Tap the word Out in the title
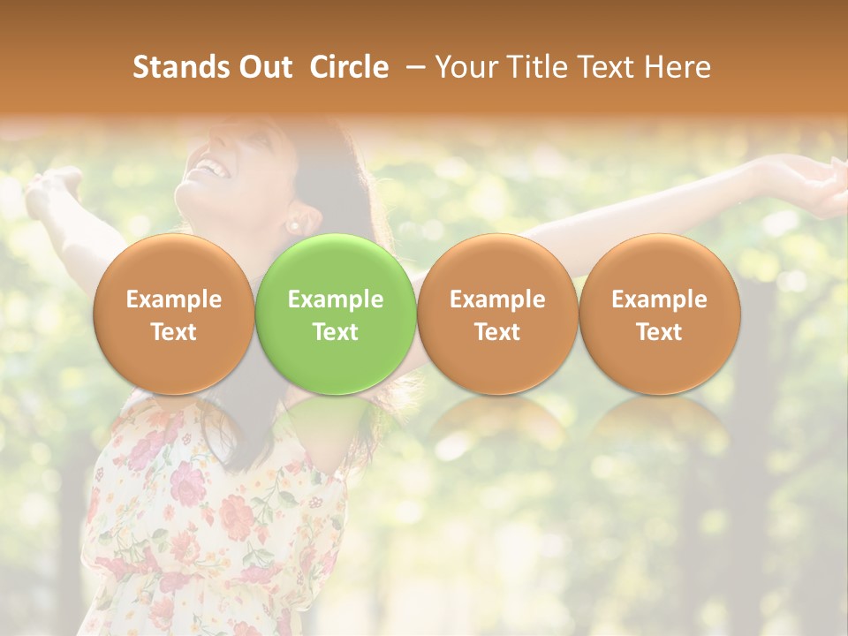coord(263,67)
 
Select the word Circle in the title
coord(349,67)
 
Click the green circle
coord(336,314)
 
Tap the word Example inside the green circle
coord(336,299)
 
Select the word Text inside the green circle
coord(336,332)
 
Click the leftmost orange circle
coord(174,314)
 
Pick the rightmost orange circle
coord(660,314)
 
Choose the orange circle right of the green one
coord(497,314)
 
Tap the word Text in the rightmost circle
coord(660,332)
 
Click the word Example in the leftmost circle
coord(174,299)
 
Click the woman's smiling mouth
coord(208,166)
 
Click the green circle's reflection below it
coord(336,420)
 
